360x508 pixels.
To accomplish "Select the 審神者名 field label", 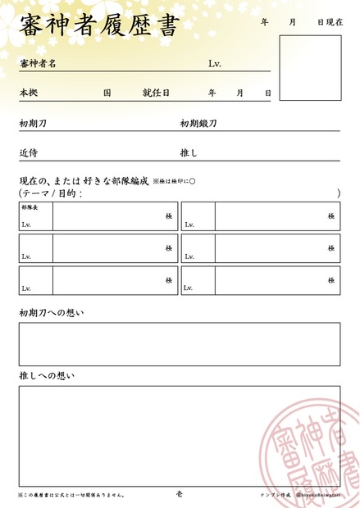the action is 38,63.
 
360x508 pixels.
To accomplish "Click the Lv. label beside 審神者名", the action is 215,63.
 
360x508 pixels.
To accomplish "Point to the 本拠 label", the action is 29,93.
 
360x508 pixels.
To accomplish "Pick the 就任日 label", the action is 156,93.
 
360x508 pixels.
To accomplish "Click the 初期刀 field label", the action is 33,124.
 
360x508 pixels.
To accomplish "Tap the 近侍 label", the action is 29,152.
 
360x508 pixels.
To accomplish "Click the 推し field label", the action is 189,152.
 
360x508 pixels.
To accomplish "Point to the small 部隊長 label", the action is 30,208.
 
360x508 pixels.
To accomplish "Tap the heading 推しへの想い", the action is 47,376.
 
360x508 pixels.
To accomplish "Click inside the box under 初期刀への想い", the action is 179,343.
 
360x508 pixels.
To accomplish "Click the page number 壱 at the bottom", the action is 180,494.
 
